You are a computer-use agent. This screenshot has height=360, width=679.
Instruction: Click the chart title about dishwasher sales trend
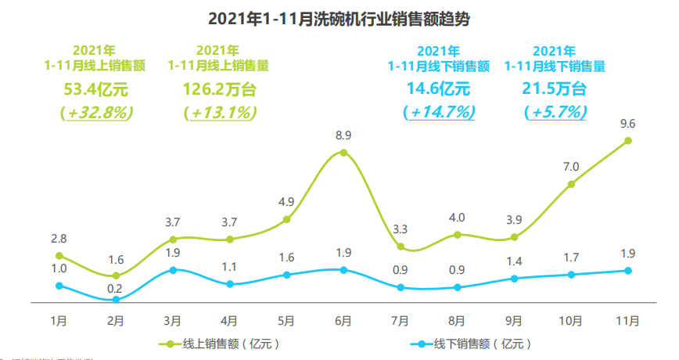(339, 17)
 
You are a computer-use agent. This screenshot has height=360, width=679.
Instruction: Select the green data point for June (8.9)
(343, 153)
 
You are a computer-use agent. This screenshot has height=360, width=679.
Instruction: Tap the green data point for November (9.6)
(628, 141)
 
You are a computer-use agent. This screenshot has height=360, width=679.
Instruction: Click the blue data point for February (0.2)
(116, 300)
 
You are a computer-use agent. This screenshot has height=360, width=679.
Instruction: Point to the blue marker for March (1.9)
(173, 270)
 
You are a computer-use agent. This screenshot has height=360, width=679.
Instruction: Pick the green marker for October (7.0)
(571, 184)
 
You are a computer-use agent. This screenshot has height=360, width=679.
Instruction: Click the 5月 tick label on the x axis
(286, 321)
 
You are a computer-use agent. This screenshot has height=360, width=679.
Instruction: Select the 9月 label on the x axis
(514, 321)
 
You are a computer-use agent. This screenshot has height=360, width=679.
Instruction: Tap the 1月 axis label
(59, 321)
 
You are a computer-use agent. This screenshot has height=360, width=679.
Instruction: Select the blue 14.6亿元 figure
(438, 88)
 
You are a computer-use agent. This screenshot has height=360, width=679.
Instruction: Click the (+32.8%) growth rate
(96, 112)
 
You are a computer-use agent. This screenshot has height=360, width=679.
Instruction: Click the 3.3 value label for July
(400, 229)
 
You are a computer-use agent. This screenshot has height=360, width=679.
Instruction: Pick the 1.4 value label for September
(514, 261)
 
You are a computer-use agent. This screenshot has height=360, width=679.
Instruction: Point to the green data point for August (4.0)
(457, 234)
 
